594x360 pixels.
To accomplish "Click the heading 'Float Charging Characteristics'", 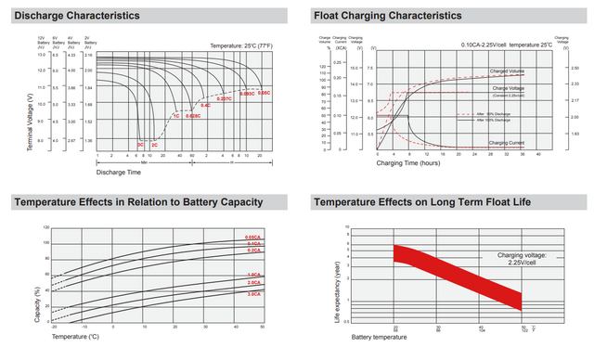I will [x=388, y=16].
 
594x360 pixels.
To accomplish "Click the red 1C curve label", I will [x=175, y=116].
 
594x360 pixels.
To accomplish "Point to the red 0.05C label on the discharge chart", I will [x=264, y=93].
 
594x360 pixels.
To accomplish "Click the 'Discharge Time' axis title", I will [x=117, y=171].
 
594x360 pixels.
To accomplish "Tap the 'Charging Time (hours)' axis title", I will [x=407, y=162].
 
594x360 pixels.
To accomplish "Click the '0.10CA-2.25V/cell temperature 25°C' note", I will [x=506, y=45].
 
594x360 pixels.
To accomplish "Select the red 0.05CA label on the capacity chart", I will [x=252, y=238].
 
